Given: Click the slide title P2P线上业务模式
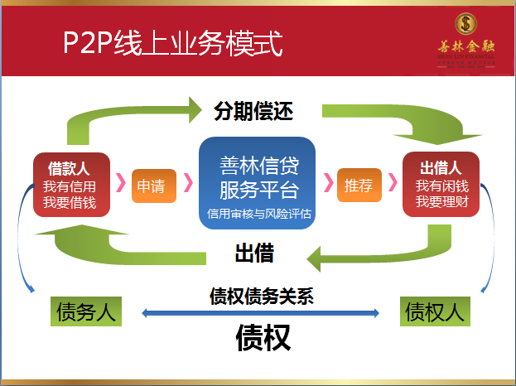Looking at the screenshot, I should [x=173, y=42].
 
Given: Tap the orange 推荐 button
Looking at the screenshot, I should [x=359, y=186].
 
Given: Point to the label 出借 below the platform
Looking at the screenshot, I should [x=254, y=252].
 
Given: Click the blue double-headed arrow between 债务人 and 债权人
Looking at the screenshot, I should [x=261, y=313].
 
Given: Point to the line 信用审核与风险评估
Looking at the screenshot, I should [x=259, y=214].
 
